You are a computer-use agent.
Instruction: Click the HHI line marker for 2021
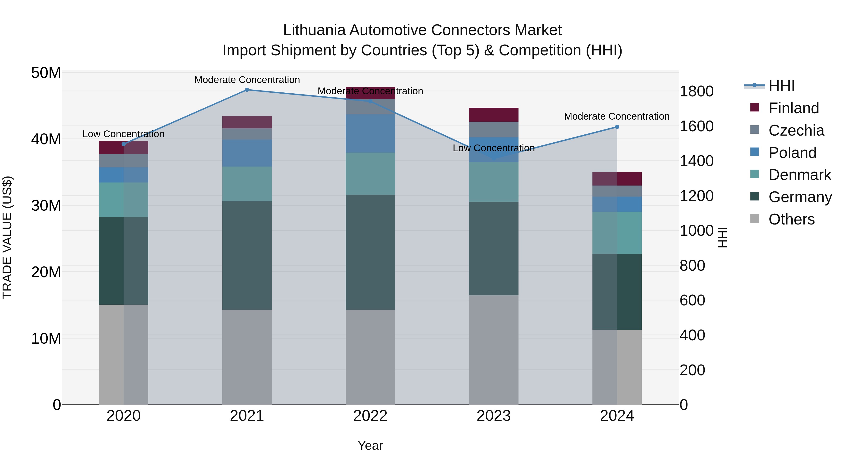[247, 90]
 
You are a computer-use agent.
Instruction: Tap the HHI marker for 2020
[124, 144]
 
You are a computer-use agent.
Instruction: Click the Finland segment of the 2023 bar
[494, 115]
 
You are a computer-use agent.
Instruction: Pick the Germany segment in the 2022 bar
[370, 252]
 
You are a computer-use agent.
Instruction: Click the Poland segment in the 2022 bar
[370, 133]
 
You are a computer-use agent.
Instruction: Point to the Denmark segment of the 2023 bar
[494, 182]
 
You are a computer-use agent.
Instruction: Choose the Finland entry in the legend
[794, 108]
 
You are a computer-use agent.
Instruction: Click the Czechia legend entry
[796, 130]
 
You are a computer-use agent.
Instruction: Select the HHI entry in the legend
[781, 86]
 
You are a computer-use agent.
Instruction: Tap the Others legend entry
[791, 219]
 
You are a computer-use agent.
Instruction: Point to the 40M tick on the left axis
[46, 139]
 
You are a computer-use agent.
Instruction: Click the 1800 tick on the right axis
[696, 91]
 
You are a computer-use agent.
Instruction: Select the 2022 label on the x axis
[370, 416]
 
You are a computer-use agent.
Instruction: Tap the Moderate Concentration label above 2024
[617, 116]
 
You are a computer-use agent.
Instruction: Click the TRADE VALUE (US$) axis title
[8, 237]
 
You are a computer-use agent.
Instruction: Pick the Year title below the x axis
[370, 445]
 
